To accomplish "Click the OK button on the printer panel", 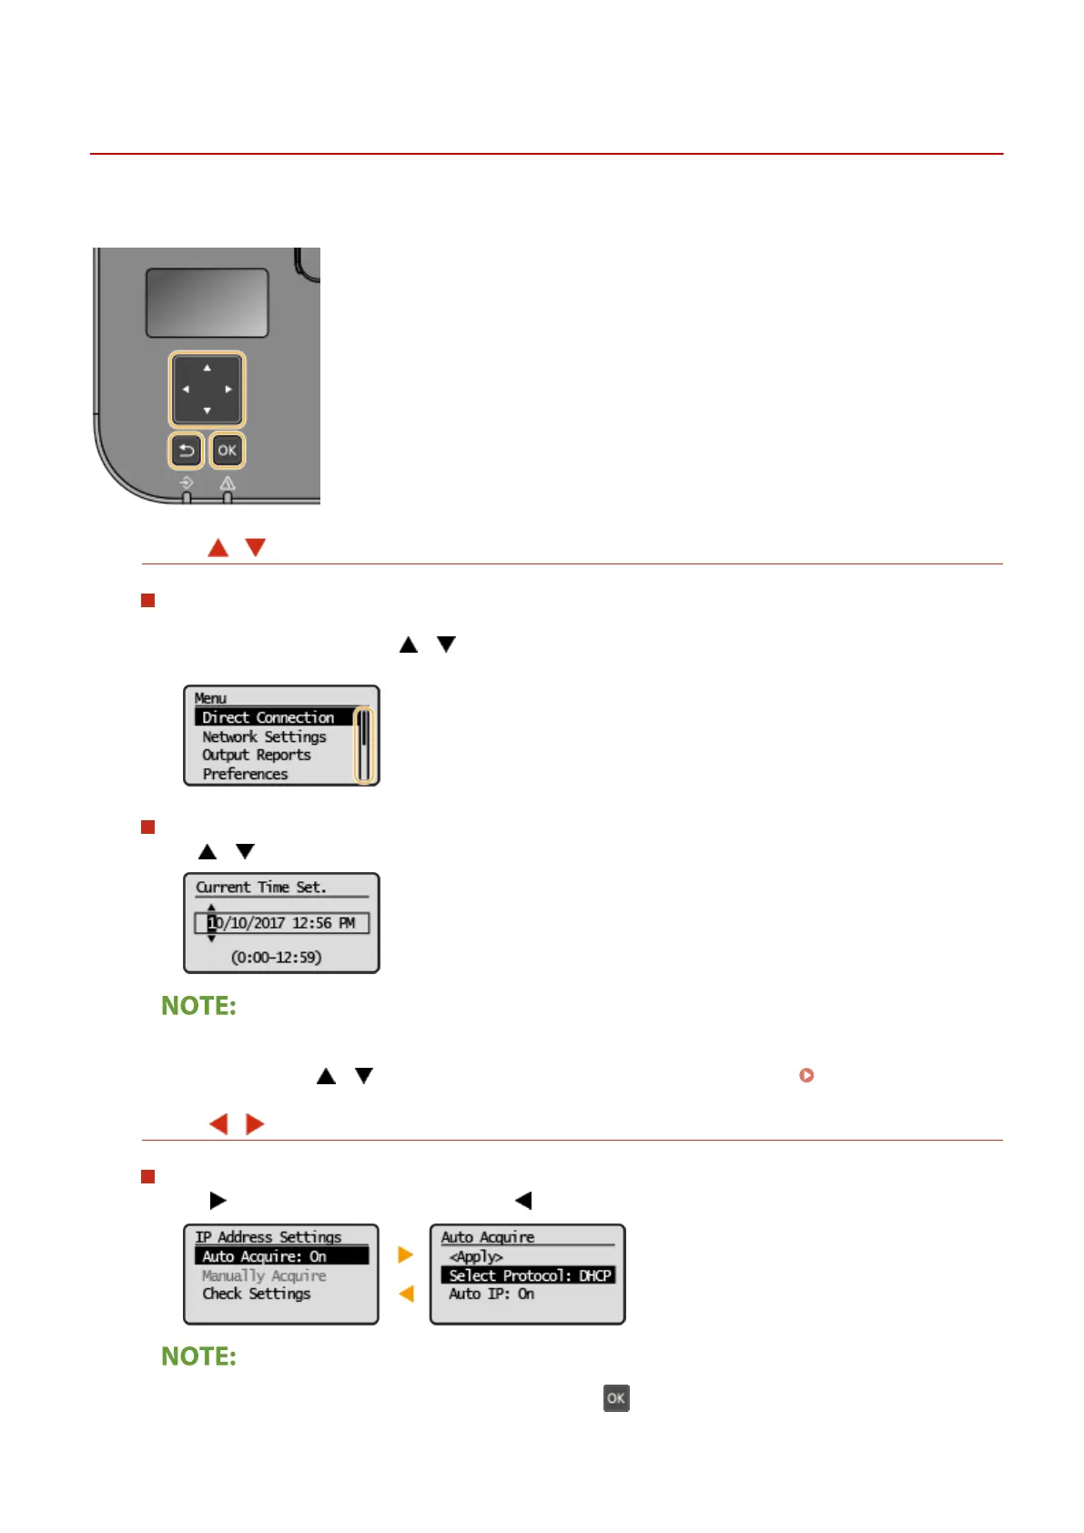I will [x=227, y=450].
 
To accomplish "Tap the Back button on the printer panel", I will [x=187, y=450].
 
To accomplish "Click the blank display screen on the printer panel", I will [x=208, y=303].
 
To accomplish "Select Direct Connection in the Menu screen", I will [x=268, y=717].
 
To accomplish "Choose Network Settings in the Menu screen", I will [x=264, y=736].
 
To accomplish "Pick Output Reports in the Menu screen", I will [x=257, y=755].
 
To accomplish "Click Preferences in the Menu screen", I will [x=245, y=774].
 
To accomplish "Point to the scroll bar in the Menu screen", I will [x=364, y=746].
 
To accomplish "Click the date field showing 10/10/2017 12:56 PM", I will [x=281, y=923].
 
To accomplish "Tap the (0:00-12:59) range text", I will [x=276, y=958].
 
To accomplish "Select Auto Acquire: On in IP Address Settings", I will [x=265, y=1256].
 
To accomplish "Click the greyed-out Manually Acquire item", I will [x=264, y=1275].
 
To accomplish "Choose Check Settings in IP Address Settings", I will [x=257, y=1294].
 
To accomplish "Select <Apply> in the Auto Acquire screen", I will [x=476, y=1256].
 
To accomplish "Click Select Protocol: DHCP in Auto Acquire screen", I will [x=530, y=1275].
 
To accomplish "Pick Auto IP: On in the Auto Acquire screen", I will [x=491, y=1294].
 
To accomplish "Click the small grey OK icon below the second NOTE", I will [x=616, y=1398].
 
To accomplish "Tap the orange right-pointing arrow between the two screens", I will [x=406, y=1254].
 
